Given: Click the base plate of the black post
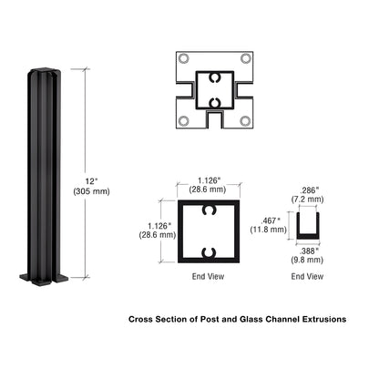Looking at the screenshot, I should [41, 276].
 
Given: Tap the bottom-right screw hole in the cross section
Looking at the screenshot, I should [245, 119].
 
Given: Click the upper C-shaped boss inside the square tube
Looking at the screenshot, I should [212, 211].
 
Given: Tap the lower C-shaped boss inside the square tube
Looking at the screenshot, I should [212, 251].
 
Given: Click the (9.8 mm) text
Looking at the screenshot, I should [310, 260].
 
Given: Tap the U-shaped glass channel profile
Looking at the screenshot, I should [310, 226].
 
